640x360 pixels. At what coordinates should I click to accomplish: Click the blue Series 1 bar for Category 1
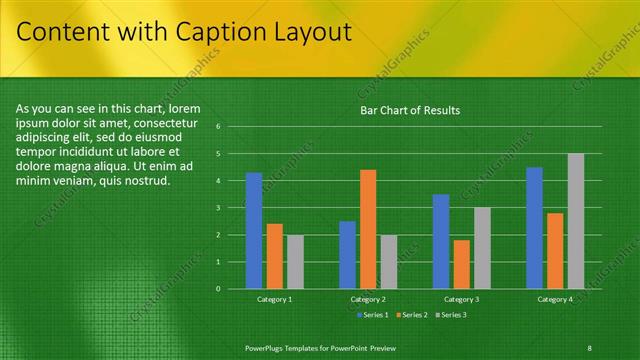(254, 231)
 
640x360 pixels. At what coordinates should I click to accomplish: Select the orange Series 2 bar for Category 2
(368, 229)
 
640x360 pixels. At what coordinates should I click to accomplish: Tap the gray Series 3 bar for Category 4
(576, 221)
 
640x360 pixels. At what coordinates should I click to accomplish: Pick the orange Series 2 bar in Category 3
(461, 264)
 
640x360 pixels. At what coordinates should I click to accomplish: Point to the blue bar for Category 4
(534, 228)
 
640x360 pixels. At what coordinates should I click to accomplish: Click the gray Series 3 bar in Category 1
(295, 262)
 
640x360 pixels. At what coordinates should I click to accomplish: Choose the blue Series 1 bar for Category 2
(347, 255)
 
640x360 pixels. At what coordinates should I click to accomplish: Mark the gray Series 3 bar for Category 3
(482, 248)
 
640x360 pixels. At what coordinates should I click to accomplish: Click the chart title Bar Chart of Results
(410, 110)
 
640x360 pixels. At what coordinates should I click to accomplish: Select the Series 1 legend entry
(372, 315)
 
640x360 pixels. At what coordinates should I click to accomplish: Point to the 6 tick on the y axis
(231, 127)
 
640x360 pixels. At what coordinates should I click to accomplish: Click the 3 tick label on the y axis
(231, 208)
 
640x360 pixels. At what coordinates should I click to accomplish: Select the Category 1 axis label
(275, 299)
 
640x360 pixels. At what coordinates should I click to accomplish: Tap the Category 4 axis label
(555, 299)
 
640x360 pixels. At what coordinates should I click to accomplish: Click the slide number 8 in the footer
(591, 346)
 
